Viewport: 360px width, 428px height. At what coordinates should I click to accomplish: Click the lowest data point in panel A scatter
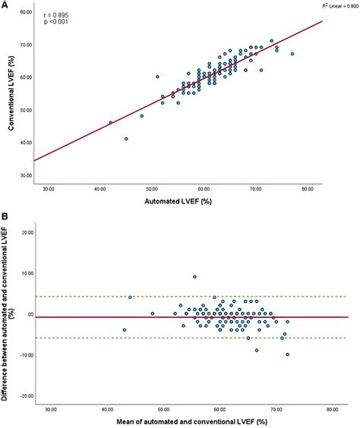pyautogui.click(x=126, y=139)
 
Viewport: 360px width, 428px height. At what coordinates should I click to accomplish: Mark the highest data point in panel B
pyautogui.click(x=194, y=277)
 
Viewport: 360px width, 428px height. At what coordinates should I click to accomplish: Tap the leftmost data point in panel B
pyautogui.click(x=125, y=330)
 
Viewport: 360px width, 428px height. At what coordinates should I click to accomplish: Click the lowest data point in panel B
pyautogui.click(x=288, y=354)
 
